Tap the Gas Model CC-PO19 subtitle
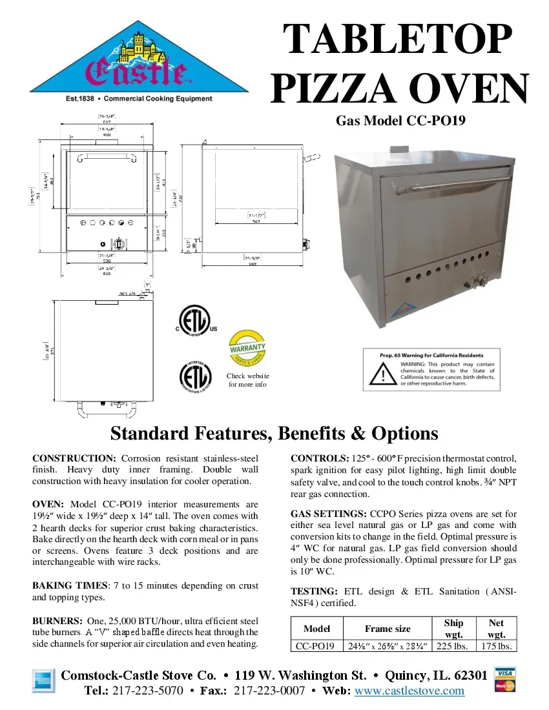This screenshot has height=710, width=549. click(x=400, y=121)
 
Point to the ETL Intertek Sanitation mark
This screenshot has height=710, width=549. click(x=195, y=378)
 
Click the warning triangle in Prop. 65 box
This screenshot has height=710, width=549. click(x=380, y=371)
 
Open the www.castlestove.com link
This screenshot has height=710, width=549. click(x=410, y=691)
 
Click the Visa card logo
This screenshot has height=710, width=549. click(x=505, y=673)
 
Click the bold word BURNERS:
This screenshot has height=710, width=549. click(x=57, y=621)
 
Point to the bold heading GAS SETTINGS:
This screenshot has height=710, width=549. click(x=328, y=514)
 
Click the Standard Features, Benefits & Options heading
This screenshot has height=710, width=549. click(x=274, y=432)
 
